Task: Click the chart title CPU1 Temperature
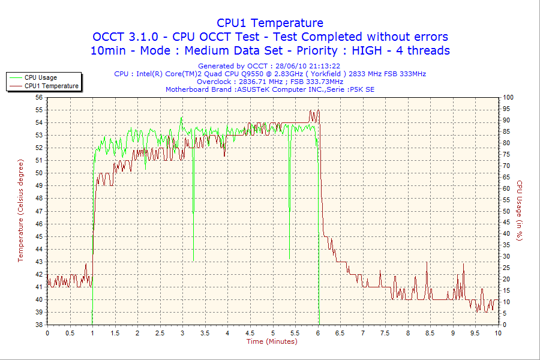click(x=270, y=23)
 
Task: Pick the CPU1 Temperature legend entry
click(x=52, y=86)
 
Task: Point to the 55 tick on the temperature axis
click(x=39, y=110)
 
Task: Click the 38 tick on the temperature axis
click(x=39, y=325)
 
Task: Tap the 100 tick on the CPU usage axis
click(x=508, y=97)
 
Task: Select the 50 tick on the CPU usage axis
click(x=506, y=211)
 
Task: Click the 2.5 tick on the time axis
click(x=160, y=332)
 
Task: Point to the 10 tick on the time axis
click(x=497, y=332)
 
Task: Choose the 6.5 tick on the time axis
click(x=340, y=332)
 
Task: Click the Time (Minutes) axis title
click(x=272, y=341)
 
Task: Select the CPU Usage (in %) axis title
click(x=520, y=211)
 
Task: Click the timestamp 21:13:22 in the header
click(x=323, y=66)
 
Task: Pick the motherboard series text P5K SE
click(x=362, y=89)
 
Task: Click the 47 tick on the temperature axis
click(x=39, y=211)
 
